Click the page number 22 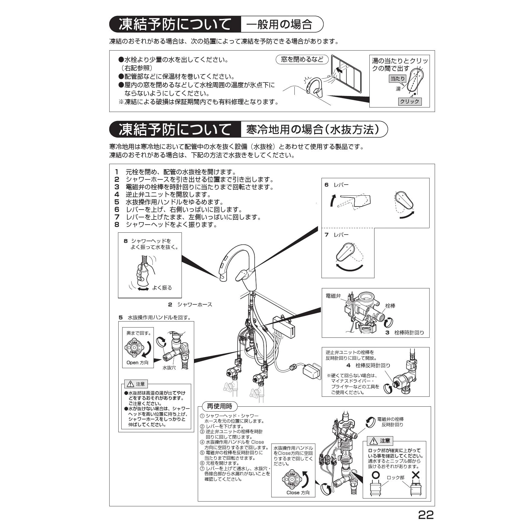426,515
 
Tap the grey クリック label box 409,101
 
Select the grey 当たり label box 398,79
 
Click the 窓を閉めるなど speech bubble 302,60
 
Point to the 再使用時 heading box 220,406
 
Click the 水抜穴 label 169,367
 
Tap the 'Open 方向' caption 138,362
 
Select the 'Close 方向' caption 298,492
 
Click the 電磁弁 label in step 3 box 333,296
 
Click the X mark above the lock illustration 415,475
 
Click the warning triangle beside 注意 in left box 130,384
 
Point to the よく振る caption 162,287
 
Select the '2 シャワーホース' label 190,305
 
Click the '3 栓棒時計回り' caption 405,332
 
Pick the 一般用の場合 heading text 279,24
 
